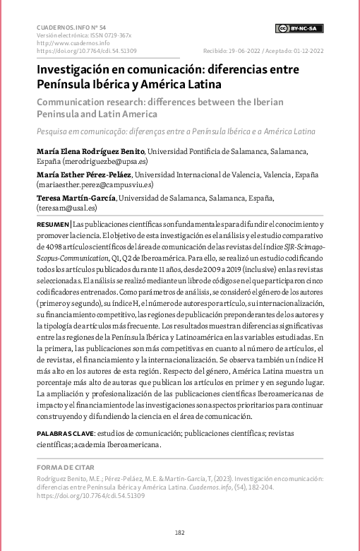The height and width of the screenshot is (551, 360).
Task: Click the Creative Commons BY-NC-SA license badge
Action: click(299, 28)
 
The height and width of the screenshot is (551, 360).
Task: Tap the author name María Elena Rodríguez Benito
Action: click(90, 151)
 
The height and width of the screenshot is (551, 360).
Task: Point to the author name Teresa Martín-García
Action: click(76, 199)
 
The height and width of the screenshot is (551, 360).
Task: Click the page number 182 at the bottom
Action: click(180, 532)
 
